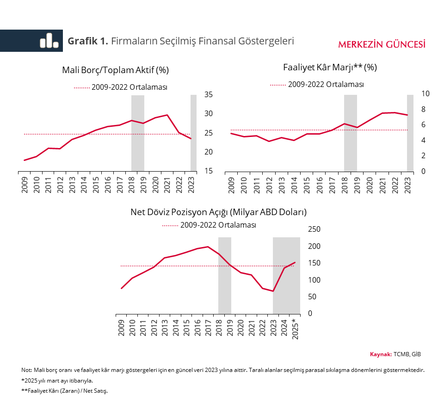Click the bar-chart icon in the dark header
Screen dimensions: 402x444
click(x=49, y=41)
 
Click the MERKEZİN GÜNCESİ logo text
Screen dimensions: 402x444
click(x=382, y=44)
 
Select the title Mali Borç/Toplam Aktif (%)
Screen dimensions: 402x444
click(x=115, y=70)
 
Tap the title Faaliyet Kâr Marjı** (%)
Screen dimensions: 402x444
click(x=330, y=67)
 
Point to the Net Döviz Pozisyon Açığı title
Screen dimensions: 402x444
click(x=219, y=212)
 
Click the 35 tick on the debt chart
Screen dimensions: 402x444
click(x=208, y=94)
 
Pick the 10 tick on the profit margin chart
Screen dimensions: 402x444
click(x=425, y=93)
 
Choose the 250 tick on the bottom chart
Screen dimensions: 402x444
click(x=314, y=229)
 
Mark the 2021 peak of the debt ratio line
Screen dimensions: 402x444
click(x=167, y=115)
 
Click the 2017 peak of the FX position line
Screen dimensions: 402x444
click(x=208, y=247)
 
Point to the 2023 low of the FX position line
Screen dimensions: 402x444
click(x=273, y=291)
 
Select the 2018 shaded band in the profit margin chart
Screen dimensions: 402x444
click(x=350, y=133)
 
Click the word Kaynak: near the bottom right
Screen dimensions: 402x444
click(x=381, y=354)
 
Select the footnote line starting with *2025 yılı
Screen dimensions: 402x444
click(x=57, y=381)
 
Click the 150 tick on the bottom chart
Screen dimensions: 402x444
click(x=314, y=263)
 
